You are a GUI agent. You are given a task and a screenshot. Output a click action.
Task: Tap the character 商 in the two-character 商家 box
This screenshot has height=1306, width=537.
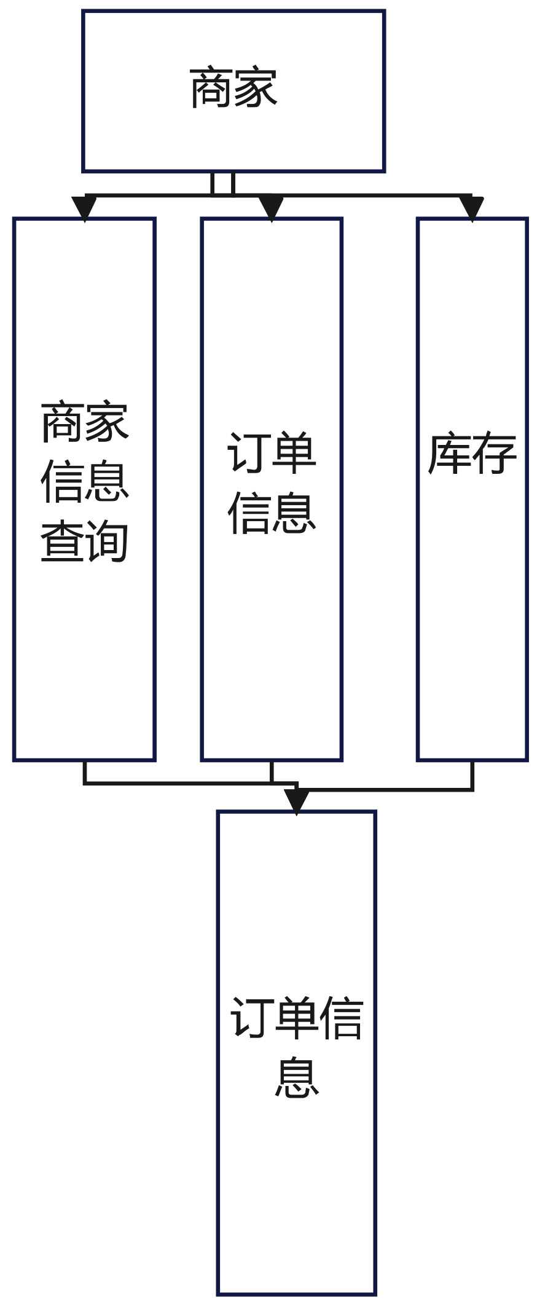pos(211,89)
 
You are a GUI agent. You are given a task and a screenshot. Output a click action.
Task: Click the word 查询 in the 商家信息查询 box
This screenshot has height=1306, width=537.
pos(84,541)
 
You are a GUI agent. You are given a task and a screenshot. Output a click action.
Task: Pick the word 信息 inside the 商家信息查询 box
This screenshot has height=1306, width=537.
pos(84,482)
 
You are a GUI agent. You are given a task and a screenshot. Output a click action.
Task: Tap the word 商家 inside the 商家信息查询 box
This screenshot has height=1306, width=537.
pos(84,423)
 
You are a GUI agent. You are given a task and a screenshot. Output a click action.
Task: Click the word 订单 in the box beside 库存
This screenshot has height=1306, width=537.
pos(272,454)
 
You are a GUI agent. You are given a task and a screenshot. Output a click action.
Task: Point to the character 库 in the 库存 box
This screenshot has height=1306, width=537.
pos(449,454)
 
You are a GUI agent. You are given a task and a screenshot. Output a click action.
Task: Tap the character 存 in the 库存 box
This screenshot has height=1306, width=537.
pos(495,454)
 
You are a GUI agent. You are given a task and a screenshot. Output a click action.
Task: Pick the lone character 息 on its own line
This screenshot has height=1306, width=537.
pos(296,1078)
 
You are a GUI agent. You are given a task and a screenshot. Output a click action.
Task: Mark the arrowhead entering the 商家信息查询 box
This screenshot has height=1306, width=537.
pos(84,208)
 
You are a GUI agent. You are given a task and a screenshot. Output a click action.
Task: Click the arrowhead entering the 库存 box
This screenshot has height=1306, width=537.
pos(472,208)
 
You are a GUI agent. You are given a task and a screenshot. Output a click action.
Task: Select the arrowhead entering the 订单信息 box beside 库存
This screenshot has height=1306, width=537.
pos(272,208)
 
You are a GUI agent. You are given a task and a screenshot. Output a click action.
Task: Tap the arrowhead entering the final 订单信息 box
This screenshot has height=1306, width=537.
pos(296,801)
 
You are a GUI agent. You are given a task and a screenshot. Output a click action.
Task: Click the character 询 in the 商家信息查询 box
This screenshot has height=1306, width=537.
pos(107,541)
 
